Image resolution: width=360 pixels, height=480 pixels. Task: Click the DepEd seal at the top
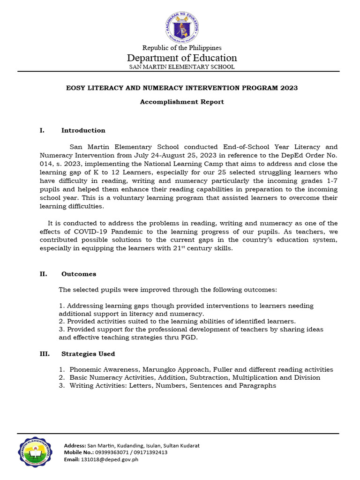[182, 26]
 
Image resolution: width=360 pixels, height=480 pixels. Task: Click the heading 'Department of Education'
[182, 58]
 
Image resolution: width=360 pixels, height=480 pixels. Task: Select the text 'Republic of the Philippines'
[182, 48]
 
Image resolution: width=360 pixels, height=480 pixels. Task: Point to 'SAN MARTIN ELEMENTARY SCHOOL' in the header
[182, 67]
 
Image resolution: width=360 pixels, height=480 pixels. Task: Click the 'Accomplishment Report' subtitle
[182, 102]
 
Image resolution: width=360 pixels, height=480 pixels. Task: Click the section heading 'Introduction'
[83, 130]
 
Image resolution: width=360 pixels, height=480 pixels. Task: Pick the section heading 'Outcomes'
[79, 274]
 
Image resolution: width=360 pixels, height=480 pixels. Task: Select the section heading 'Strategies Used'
[88, 354]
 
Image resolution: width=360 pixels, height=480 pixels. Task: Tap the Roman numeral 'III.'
[45, 354]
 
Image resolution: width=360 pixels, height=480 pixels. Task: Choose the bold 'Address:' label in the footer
[75, 446]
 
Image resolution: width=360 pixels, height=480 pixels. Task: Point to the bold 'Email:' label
[72, 460]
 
